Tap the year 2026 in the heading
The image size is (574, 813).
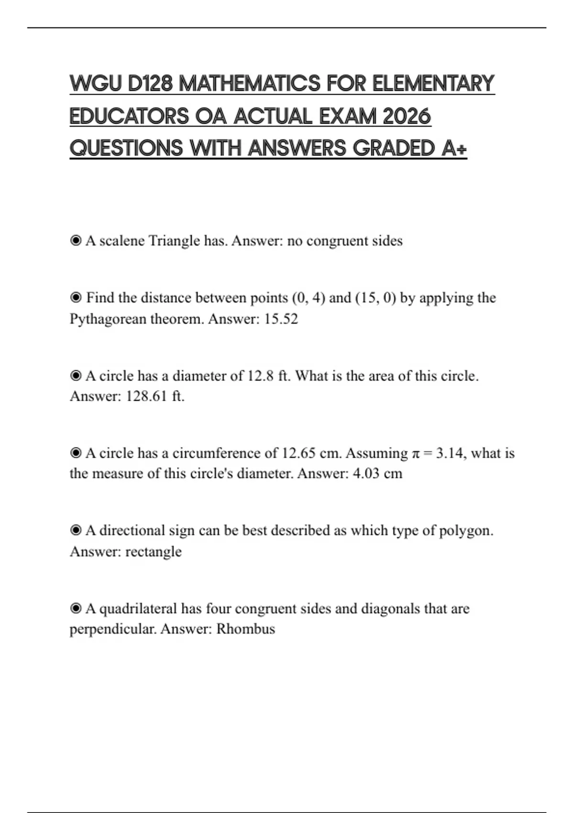(x=407, y=116)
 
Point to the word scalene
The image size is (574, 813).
(x=121, y=241)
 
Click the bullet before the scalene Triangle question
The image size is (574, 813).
(x=76, y=241)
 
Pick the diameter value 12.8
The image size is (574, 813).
(x=260, y=376)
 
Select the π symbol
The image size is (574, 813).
(x=417, y=453)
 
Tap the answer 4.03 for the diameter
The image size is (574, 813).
(x=365, y=474)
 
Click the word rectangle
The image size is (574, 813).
(x=153, y=551)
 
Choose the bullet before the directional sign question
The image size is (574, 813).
(x=76, y=530)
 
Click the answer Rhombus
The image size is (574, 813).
(x=245, y=628)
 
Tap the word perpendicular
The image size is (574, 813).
(x=112, y=629)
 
